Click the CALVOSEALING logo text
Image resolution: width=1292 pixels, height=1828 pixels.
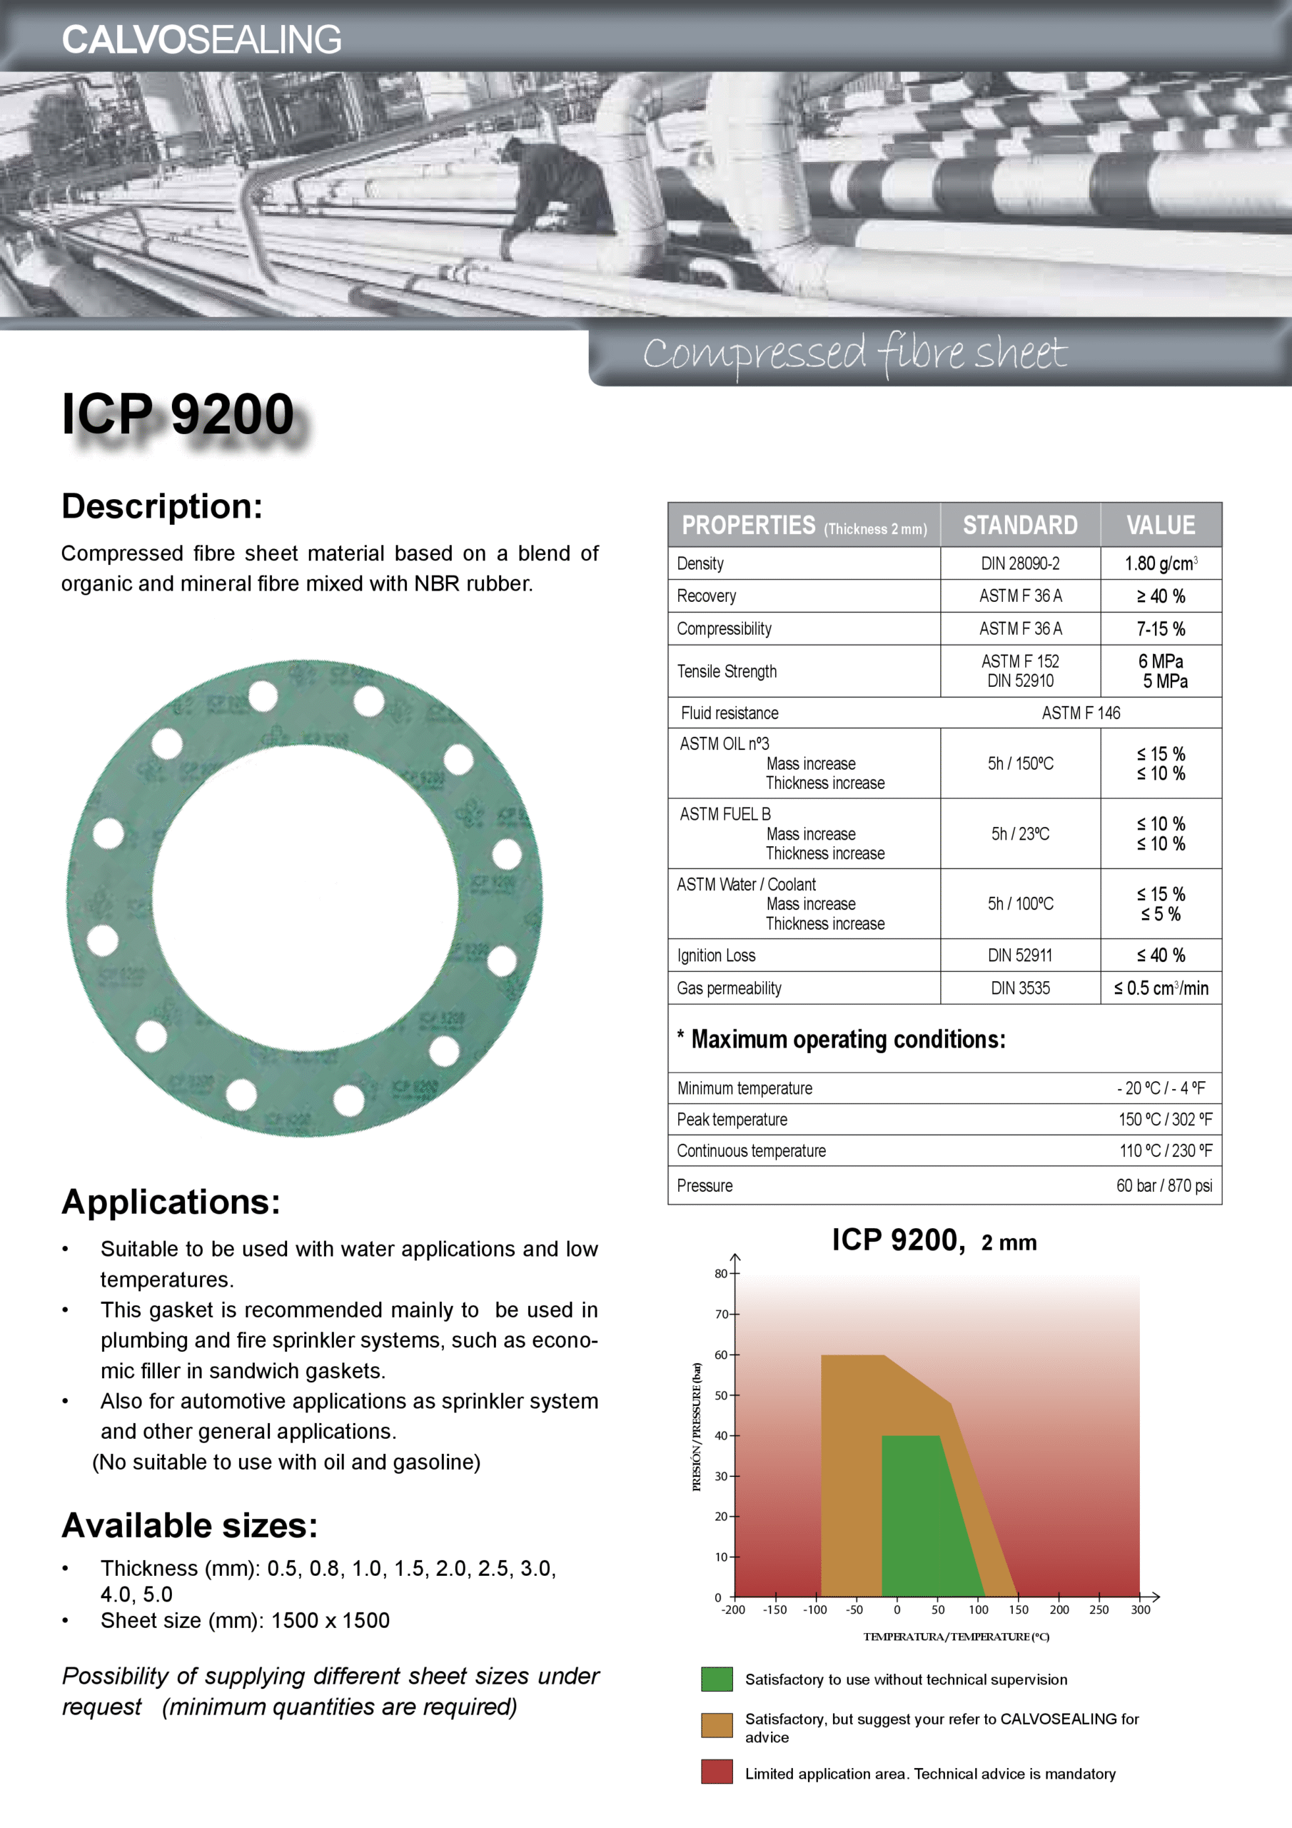(201, 40)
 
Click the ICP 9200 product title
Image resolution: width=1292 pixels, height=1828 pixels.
(178, 414)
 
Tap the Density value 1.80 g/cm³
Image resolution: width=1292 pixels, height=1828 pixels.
(1160, 563)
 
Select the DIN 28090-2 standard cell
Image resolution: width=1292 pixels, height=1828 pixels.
(1020, 563)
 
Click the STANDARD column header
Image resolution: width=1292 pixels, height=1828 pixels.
(1020, 526)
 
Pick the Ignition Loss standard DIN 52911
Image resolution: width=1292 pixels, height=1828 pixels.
(1020, 955)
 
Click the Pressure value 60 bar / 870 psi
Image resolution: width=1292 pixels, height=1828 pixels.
(1163, 1185)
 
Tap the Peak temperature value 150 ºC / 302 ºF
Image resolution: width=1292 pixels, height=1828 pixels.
(1165, 1120)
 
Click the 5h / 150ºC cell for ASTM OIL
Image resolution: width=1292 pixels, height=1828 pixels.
(1020, 763)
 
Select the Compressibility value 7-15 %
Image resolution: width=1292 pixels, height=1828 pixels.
(1160, 629)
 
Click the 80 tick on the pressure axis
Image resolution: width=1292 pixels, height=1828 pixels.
(721, 1274)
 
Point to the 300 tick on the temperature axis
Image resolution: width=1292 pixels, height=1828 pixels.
(1140, 1609)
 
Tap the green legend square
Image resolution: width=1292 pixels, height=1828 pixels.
(717, 1679)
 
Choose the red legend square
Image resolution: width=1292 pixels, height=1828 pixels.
(717, 1772)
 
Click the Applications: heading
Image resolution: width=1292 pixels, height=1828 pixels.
(171, 1202)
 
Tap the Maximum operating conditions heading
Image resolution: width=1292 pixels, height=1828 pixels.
(848, 1039)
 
